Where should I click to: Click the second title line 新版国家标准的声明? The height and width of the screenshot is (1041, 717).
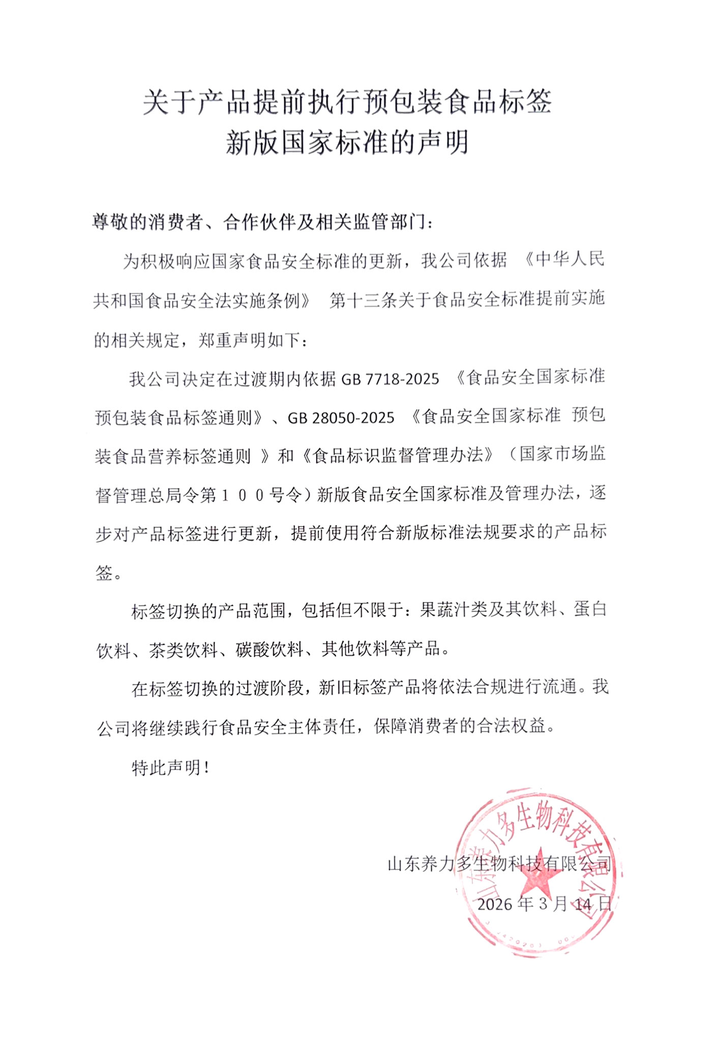coord(347,142)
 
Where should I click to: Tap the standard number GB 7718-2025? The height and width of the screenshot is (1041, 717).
coord(390,379)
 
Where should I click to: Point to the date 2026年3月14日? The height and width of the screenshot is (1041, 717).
coord(544,903)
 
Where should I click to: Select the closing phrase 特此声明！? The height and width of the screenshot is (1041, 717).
coord(171,768)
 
